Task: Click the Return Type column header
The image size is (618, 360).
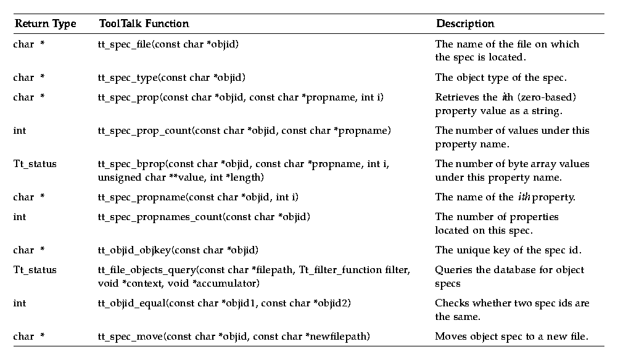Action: (x=45, y=24)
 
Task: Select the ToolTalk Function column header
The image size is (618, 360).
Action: (x=144, y=24)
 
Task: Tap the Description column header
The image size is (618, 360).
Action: (x=465, y=24)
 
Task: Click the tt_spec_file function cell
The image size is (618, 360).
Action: (x=168, y=44)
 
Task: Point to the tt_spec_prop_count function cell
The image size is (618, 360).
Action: (x=244, y=131)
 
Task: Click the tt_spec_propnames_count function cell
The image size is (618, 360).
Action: (x=204, y=217)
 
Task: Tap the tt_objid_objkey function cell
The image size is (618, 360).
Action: (x=178, y=250)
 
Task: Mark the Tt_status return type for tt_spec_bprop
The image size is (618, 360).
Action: (x=35, y=164)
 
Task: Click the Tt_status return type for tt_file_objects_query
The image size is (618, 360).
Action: (x=35, y=270)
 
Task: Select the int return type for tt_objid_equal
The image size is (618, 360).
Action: (x=20, y=303)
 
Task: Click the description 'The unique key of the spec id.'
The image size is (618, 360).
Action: (x=505, y=250)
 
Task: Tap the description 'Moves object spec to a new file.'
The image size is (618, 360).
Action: (x=512, y=337)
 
